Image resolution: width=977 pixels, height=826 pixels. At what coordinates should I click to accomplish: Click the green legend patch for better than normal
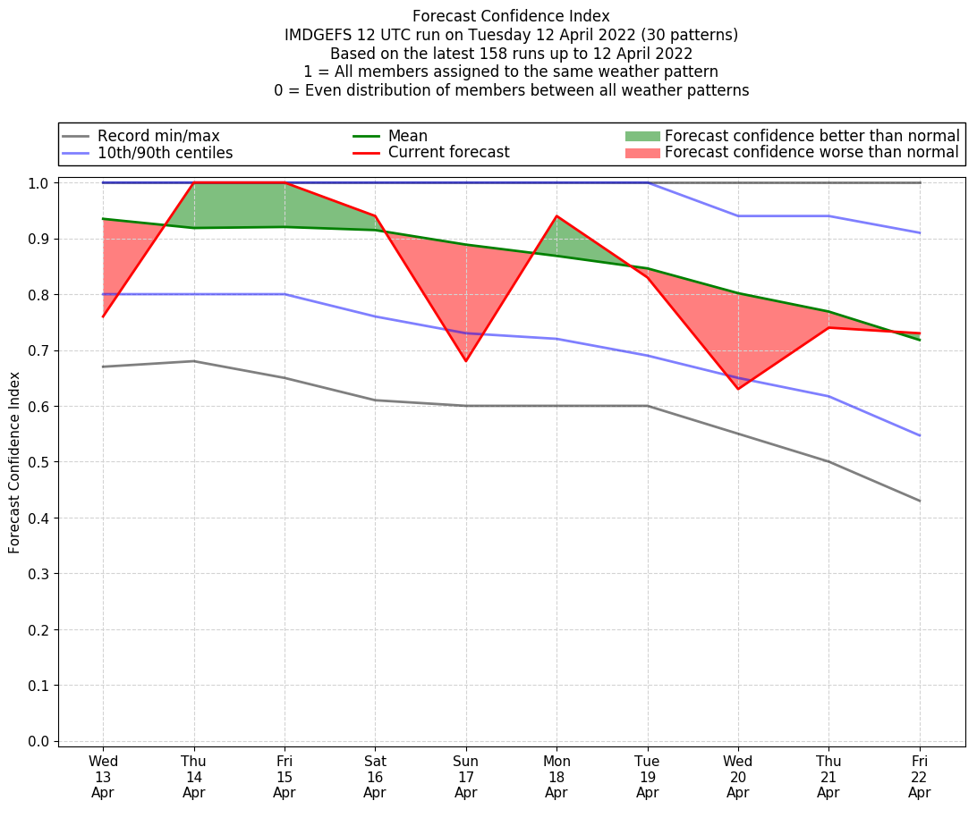[x=641, y=136]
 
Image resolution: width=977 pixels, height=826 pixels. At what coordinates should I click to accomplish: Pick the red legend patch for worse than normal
[x=641, y=153]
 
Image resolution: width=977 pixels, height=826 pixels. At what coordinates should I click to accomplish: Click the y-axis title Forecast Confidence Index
[x=14, y=462]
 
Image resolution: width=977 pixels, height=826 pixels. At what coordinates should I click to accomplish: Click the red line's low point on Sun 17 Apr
[x=465, y=361]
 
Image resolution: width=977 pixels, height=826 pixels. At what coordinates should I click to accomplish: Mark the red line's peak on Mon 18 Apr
[x=556, y=216]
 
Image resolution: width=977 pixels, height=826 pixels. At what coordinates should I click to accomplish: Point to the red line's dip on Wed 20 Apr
[x=737, y=389]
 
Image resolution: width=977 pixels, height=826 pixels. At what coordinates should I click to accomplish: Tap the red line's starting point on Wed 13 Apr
[x=103, y=316]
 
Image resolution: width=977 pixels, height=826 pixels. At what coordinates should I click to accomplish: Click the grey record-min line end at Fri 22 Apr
[x=919, y=501]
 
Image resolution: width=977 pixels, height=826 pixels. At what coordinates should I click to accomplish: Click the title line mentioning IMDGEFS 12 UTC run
[x=511, y=35]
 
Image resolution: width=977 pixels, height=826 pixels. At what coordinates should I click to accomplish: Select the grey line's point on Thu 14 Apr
[x=194, y=361]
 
